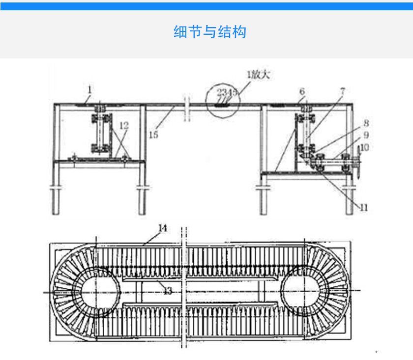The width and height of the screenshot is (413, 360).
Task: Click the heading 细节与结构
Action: click(210, 32)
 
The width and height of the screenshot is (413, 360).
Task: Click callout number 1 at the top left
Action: click(89, 89)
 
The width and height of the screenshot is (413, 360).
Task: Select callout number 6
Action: click(301, 91)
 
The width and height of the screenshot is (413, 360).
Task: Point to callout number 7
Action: click(342, 90)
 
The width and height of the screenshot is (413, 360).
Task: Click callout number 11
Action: click(363, 207)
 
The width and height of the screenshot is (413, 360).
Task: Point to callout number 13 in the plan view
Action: click(168, 291)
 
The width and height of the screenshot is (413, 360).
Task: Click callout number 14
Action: click(163, 228)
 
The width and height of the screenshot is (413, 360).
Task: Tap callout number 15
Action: click(154, 134)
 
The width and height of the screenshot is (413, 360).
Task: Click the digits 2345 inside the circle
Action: click(227, 92)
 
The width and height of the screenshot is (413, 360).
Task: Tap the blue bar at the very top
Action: click(206, 6)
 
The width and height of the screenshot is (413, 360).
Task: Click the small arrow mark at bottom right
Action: click(376, 352)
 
